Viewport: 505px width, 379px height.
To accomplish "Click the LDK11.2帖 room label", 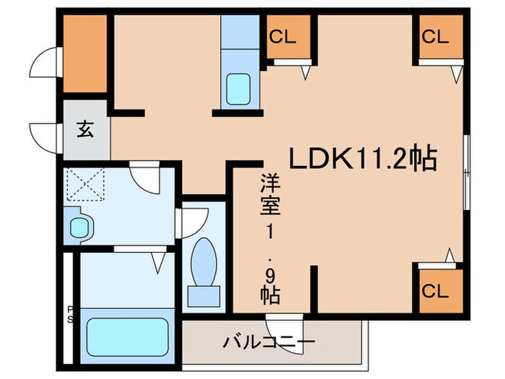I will [364, 157].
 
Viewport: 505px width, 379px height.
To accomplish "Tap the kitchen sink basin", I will [238, 89].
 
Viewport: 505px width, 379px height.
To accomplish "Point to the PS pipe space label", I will [70, 312].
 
